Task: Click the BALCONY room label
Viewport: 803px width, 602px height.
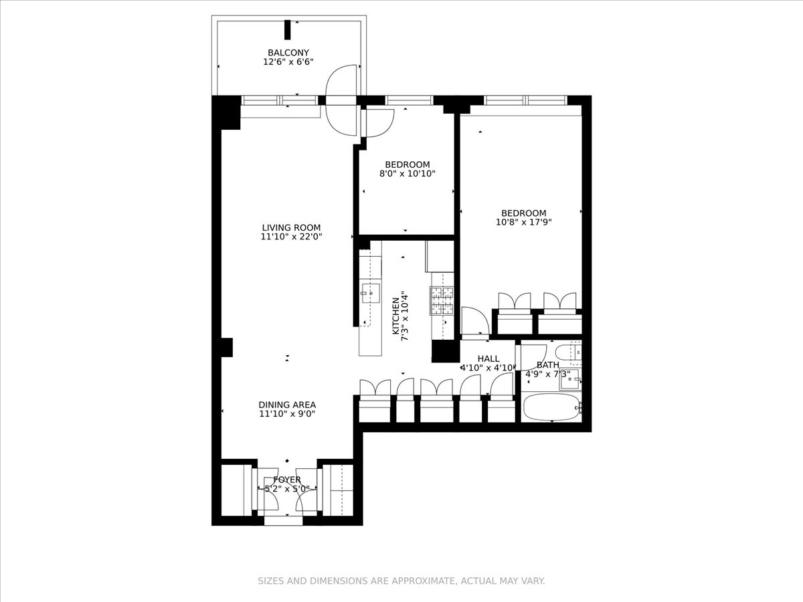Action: tap(288, 52)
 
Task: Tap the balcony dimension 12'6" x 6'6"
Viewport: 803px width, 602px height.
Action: tap(288, 62)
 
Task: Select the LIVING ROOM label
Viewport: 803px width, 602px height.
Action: tap(291, 227)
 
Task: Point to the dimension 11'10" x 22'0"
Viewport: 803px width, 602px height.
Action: tap(291, 237)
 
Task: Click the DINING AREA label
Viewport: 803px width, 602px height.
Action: tap(287, 405)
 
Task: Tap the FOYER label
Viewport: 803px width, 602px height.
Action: tap(287, 480)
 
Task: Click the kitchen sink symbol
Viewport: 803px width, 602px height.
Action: tap(370, 293)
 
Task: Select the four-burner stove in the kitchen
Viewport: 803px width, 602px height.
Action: tap(441, 300)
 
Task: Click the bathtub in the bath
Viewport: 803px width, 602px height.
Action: tap(551, 407)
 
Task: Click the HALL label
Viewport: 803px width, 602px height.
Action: tap(488, 359)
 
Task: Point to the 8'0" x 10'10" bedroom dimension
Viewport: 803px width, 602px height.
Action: tap(407, 174)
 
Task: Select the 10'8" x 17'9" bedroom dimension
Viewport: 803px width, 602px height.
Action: tap(523, 223)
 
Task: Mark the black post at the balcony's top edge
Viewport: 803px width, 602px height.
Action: tap(288, 30)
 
